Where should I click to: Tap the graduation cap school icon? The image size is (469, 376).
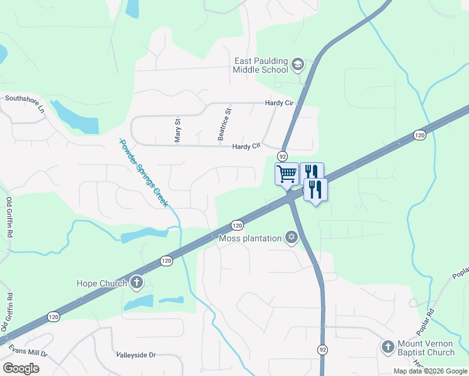[x=297, y=64]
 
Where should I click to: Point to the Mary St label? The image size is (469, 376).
[x=178, y=131]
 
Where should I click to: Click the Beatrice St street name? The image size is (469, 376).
[x=221, y=123]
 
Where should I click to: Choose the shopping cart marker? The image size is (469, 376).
[x=287, y=173]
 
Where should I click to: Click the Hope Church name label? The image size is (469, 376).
[x=102, y=283]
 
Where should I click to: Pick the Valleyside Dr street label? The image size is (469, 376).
[x=135, y=355]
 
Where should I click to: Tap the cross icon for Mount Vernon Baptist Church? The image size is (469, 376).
[x=387, y=346]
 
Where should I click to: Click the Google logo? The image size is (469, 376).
[x=21, y=368]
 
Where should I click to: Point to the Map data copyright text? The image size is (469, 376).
[x=430, y=371]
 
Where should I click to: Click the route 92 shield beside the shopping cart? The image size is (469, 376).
[x=283, y=156]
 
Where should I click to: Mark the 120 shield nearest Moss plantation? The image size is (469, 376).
[x=236, y=225]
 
